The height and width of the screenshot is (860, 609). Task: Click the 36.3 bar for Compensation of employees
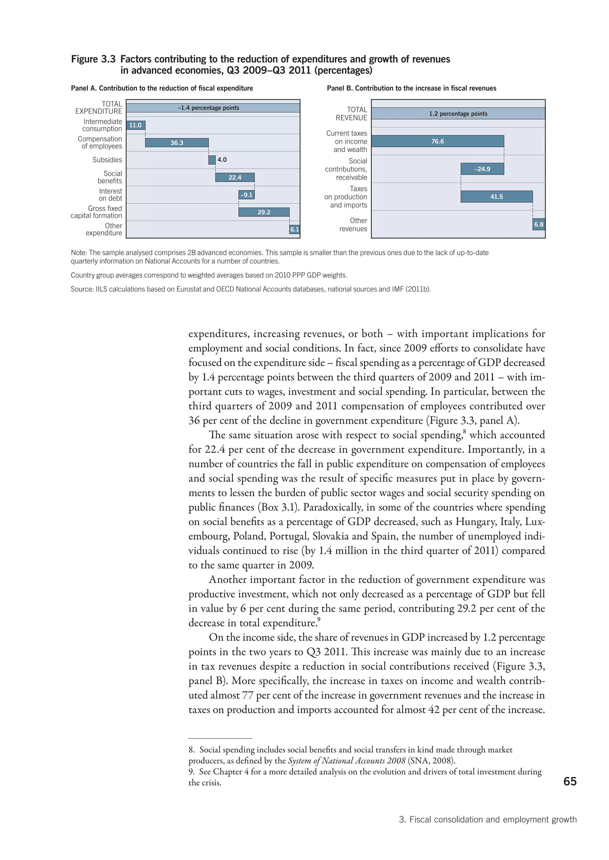177,143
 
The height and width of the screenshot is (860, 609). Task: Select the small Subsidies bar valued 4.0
212,160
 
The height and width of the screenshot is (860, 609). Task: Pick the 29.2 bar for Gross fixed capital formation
264,212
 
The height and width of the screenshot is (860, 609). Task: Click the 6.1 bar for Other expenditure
294,229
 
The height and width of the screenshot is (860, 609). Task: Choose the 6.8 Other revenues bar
539,225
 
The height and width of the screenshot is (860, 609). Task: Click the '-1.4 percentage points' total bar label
208,108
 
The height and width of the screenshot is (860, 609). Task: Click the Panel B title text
411,88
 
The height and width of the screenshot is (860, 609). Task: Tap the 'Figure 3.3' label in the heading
93,59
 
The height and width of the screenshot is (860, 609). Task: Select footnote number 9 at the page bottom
191,772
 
